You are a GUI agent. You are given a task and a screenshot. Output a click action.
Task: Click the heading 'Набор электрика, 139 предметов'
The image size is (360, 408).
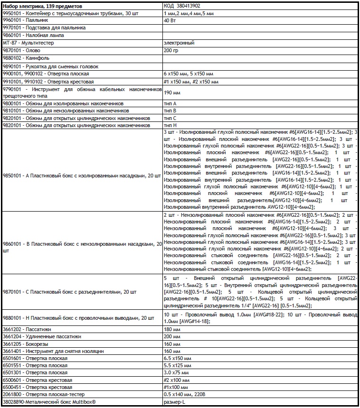[42, 7]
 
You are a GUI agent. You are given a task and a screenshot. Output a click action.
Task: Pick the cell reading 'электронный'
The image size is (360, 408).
[178, 43]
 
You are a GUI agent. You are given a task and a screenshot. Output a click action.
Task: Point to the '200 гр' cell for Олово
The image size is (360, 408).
[171, 50]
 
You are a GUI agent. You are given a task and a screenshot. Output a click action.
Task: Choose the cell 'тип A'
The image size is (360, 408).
[170, 103]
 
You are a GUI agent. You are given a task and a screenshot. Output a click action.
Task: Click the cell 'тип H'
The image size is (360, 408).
[170, 125]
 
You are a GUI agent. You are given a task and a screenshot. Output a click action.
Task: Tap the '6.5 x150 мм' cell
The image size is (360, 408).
[177, 358]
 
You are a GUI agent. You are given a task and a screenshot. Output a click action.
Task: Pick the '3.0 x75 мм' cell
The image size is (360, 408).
[176, 373]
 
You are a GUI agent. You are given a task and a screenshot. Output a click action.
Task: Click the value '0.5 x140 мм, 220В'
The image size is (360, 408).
[185, 395]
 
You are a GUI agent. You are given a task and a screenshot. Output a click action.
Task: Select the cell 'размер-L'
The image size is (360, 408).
[174, 402]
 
